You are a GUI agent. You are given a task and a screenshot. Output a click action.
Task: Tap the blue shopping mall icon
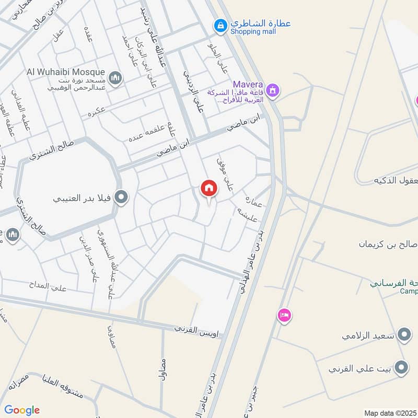[x=220, y=25]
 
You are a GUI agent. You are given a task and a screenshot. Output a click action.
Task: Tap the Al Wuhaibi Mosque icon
[x=115, y=78]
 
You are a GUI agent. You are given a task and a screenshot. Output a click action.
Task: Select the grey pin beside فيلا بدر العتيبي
[x=122, y=198]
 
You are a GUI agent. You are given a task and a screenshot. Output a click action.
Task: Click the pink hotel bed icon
[x=284, y=315]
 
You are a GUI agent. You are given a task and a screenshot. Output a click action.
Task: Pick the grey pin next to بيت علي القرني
[x=401, y=368]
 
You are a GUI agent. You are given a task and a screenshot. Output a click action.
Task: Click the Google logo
[x=22, y=410]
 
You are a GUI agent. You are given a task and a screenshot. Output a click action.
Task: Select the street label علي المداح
[x=49, y=286]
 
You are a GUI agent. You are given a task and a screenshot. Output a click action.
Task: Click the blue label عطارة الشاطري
[x=261, y=23]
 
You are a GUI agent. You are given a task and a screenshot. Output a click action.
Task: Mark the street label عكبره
[x=97, y=112]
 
